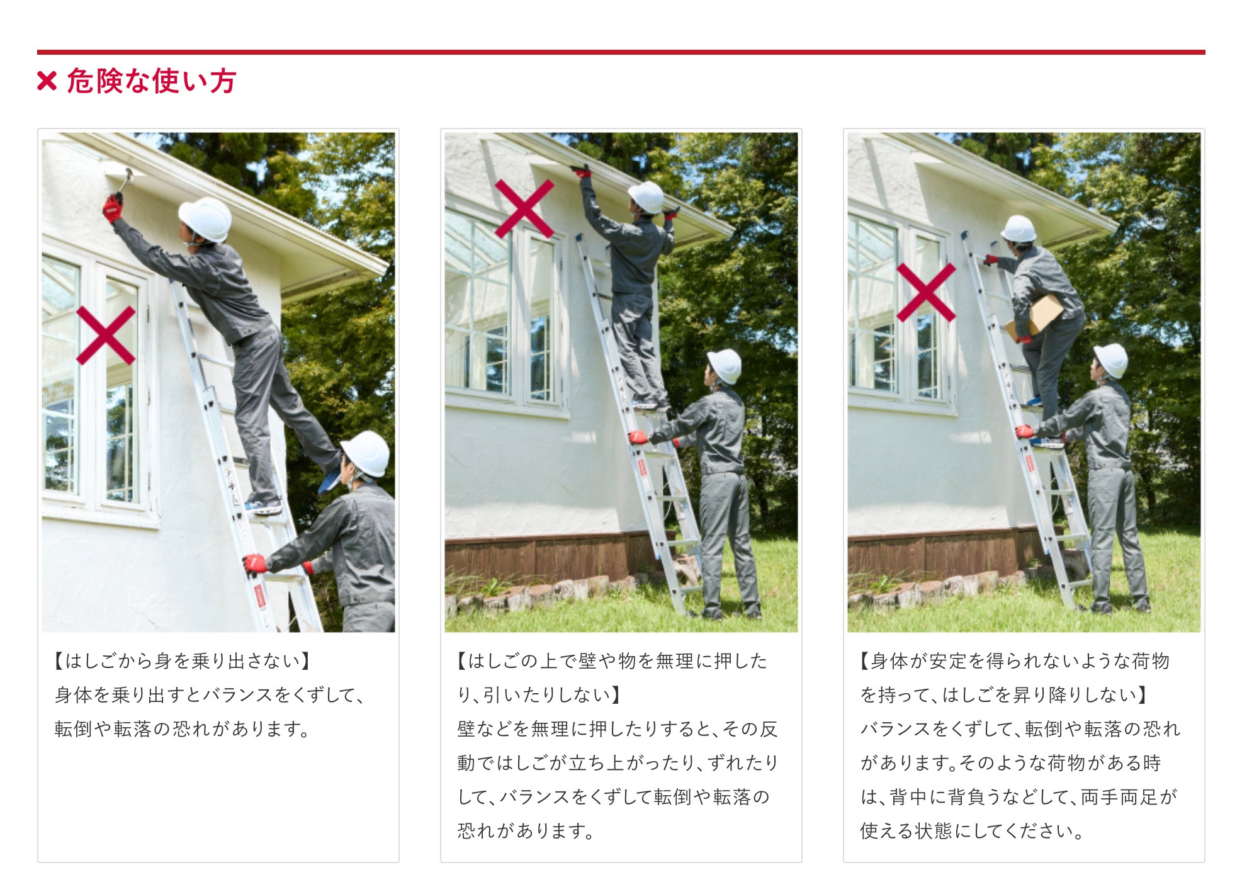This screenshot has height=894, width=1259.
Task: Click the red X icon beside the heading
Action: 47,81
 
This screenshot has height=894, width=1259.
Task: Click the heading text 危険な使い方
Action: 152,81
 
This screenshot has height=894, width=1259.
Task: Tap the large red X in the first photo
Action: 106,335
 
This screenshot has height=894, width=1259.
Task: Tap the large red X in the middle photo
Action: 524,208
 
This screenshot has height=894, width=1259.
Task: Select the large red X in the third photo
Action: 926,293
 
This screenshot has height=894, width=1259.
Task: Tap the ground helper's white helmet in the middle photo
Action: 725,365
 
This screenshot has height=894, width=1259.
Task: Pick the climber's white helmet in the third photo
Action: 1019,229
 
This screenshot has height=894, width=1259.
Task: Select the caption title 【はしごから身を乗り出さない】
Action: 183,661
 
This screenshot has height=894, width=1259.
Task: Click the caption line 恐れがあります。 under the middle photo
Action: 526,831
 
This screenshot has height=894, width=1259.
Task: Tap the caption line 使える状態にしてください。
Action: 972,831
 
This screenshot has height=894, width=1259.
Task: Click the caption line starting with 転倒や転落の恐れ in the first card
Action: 183,729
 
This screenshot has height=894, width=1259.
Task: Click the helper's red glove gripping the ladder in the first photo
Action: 255,563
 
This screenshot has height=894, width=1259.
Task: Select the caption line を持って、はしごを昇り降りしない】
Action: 1005,695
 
